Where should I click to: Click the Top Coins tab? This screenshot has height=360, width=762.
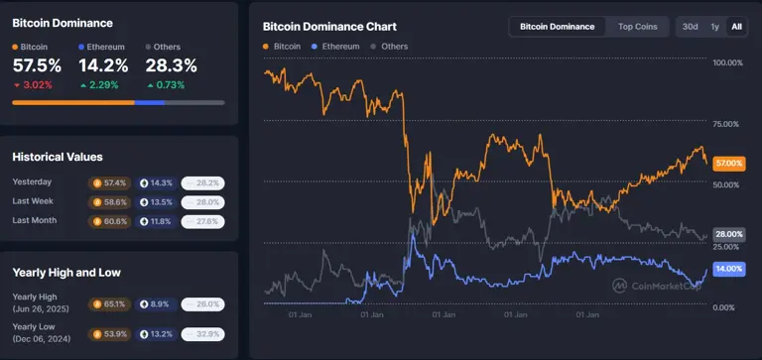[637, 27]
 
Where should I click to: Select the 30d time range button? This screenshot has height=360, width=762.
[690, 27]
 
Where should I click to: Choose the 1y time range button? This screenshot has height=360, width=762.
[714, 27]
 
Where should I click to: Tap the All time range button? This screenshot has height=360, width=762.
[736, 27]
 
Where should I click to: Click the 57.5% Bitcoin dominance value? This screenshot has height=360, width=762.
[37, 65]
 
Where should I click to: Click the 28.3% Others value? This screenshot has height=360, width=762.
[171, 65]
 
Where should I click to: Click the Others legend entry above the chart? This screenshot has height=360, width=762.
[389, 47]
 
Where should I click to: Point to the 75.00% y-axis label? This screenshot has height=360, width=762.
[728, 124]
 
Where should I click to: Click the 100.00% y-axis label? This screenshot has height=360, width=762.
[728, 62]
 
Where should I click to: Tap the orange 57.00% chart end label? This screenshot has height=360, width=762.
[729, 163]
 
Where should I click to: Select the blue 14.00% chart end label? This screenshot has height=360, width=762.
[729, 269]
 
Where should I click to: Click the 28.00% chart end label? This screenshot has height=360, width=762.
[729, 234]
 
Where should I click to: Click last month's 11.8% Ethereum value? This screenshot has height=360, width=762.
[156, 221]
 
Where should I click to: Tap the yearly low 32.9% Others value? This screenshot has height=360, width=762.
[202, 333]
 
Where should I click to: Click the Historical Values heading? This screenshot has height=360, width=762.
[58, 157]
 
